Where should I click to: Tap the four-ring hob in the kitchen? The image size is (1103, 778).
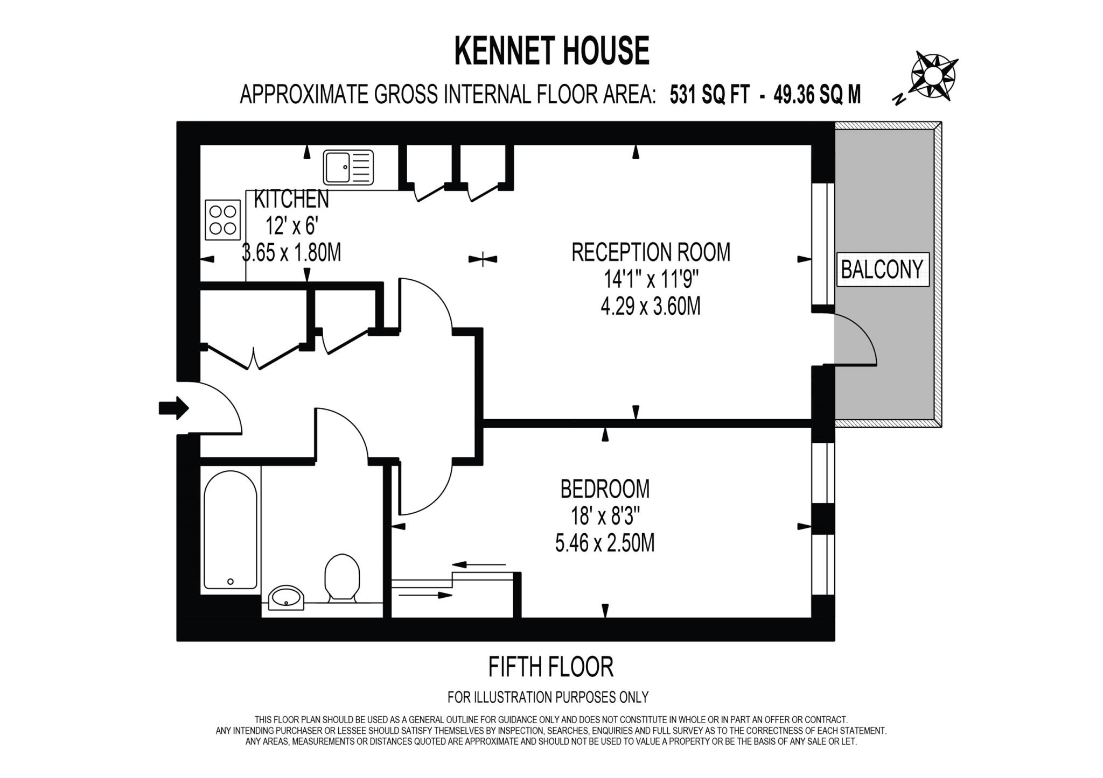tap(223, 220)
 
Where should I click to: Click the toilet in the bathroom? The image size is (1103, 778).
tap(342, 577)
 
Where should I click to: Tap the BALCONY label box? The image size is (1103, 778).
tap(882, 269)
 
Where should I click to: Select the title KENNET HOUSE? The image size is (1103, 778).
tap(551, 51)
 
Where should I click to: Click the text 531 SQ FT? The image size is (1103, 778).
tap(709, 95)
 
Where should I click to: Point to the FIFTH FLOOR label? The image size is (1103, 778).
tap(550, 667)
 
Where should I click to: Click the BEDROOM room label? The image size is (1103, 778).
tap(605, 489)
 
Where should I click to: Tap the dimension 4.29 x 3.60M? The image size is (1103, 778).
tap(651, 307)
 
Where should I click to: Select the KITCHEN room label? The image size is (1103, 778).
tap(291, 200)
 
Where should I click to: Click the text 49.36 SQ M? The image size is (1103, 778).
tap(817, 95)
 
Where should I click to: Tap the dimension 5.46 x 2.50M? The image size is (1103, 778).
tap(605, 543)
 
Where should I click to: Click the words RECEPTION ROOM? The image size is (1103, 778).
tap(651, 252)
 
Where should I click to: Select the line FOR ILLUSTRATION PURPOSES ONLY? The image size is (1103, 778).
tap(548, 697)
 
